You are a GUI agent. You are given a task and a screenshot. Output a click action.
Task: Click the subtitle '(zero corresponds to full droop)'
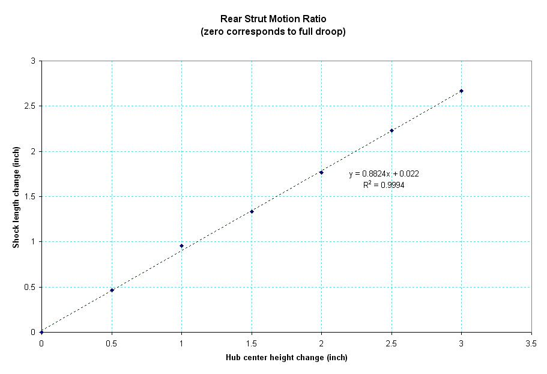273,32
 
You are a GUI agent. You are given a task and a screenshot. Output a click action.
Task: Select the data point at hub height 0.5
112,290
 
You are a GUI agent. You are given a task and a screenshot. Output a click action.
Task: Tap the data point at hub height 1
181,246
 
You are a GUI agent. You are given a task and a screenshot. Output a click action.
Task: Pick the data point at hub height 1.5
252,211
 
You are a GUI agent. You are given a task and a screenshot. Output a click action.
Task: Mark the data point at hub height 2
321,172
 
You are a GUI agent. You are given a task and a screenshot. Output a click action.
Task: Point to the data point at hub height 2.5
391,130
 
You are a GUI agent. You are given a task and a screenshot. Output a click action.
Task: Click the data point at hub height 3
461,91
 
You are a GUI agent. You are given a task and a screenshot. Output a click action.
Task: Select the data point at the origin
41,332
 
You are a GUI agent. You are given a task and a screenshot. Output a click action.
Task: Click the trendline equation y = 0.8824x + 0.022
384,174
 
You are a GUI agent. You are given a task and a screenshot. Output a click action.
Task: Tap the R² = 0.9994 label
383,185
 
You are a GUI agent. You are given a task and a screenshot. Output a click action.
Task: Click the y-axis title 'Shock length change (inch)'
17,196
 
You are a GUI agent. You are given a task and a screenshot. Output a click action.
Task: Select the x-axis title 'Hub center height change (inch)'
286,358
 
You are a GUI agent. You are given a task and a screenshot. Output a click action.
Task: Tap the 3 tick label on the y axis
33,61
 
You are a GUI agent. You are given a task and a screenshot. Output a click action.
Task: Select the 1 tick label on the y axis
33,242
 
